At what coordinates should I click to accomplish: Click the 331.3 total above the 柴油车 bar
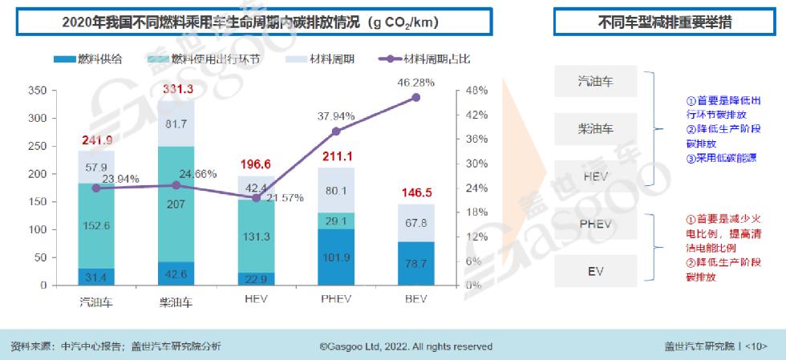click(178, 90)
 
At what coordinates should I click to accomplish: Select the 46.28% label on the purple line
click(415, 82)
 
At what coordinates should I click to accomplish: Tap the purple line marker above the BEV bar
click(415, 98)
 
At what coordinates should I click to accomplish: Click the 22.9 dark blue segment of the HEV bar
click(257, 278)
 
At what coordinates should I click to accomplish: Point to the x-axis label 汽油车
click(96, 302)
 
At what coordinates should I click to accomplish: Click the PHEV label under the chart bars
click(336, 302)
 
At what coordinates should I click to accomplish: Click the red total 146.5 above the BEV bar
click(415, 193)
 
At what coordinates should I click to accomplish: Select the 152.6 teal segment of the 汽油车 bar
click(96, 225)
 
